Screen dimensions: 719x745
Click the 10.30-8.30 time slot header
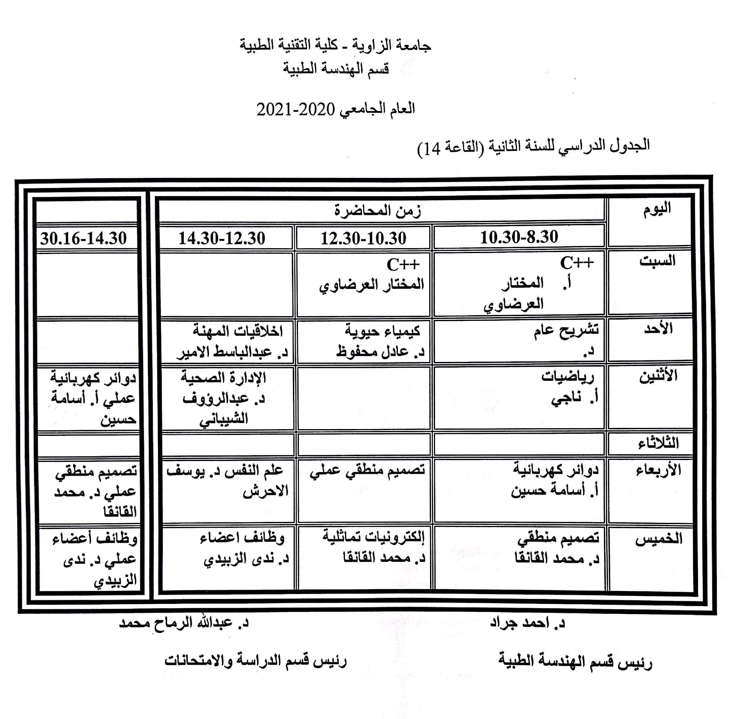pos(519,237)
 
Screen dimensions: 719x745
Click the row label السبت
pos(657,261)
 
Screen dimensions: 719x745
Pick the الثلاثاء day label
pos(658,443)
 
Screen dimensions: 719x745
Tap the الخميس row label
pos(659,539)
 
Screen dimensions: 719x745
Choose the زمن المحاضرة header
pos(378,210)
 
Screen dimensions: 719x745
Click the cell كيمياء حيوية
pos(382,331)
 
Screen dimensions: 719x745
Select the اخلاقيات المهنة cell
pos(238,331)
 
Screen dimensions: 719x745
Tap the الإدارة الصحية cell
pos(223,378)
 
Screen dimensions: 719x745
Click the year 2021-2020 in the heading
pos(295,110)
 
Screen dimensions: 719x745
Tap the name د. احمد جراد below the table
pos(527,623)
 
